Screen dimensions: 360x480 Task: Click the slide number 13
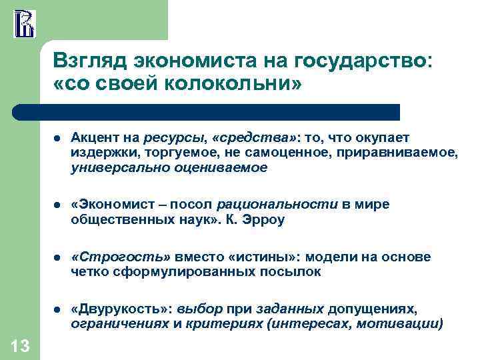pos(20,345)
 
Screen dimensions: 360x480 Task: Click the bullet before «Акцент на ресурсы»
pos(58,138)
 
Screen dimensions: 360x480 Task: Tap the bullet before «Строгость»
pos(58,257)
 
